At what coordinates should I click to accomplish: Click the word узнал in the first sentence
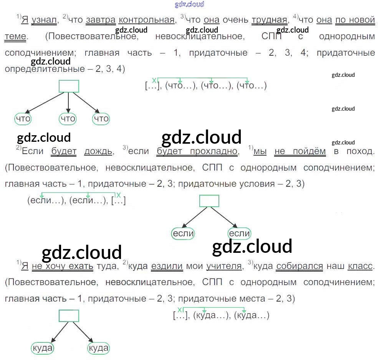pos(44,20)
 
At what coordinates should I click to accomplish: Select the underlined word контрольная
pos(147,20)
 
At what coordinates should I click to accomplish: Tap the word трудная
pos(269,20)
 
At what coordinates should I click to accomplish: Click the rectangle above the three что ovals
pos(69,86)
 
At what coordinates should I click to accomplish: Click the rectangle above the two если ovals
pos(209,201)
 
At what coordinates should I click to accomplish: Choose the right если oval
pos(239,233)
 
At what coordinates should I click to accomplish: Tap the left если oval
pos(183,233)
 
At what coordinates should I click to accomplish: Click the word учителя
pos(224,266)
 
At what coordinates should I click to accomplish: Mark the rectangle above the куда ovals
pos(69,315)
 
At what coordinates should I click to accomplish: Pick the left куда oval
pos(42,348)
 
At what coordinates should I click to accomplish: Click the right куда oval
pos(98,348)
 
